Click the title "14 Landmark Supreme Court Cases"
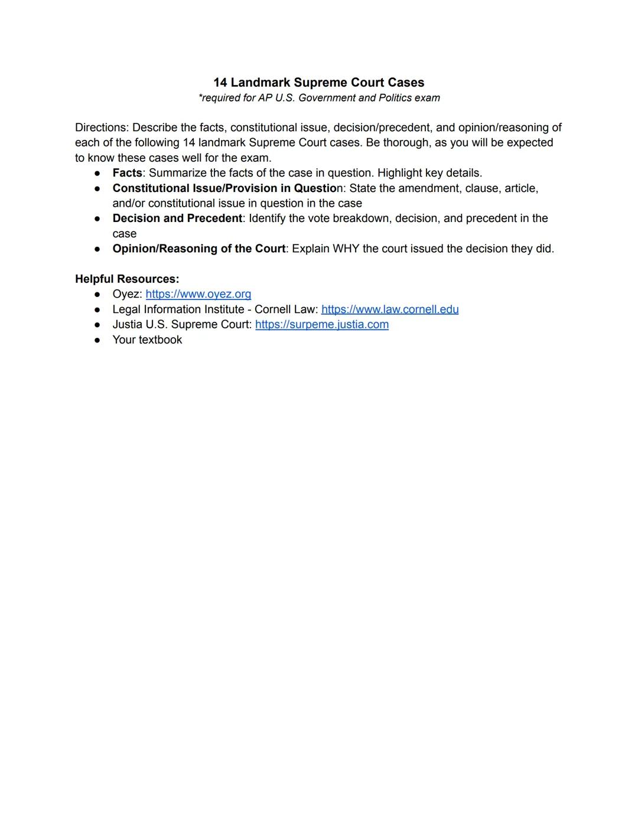[x=319, y=83]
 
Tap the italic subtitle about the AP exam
[x=319, y=98]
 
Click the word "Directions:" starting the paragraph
[x=102, y=128]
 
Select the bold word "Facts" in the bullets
[x=127, y=173]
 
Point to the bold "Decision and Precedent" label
[x=177, y=219]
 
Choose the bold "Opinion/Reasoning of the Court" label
[x=198, y=249]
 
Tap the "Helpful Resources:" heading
[x=127, y=279]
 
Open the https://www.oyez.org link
[x=198, y=294]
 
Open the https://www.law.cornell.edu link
[x=390, y=309]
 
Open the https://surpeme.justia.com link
[x=322, y=325]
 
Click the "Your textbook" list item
[x=147, y=340]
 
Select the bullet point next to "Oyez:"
[x=97, y=294]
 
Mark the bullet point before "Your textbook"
[x=97, y=340]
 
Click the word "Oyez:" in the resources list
[x=127, y=294]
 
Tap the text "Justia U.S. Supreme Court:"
[x=182, y=325]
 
